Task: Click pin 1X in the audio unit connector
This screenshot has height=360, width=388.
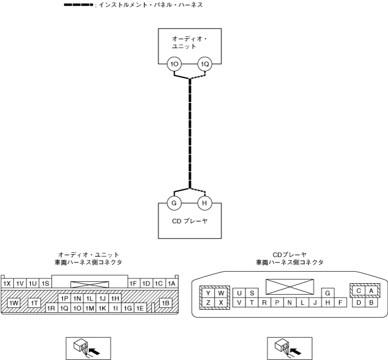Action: (x=7, y=283)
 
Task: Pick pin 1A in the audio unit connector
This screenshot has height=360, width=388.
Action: (x=171, y=283)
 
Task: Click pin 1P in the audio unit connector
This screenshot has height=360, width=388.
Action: (x=64, y=298)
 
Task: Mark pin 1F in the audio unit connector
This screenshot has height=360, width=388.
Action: (x=133, y=283)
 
